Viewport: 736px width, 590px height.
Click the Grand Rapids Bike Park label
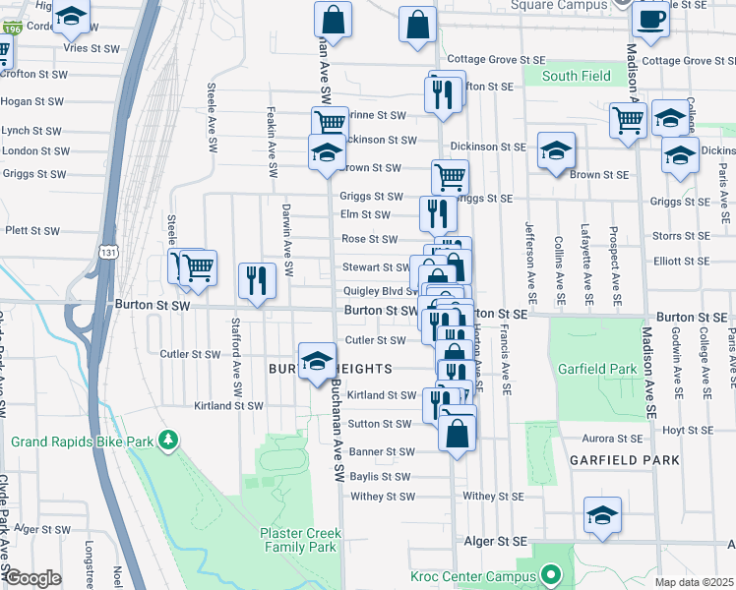82,442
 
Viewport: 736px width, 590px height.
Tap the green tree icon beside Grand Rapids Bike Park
169,438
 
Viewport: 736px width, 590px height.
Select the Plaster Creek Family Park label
299,540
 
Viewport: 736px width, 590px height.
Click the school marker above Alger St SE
603,515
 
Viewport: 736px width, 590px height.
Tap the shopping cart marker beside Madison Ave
627,121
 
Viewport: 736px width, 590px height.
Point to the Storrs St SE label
680,236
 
